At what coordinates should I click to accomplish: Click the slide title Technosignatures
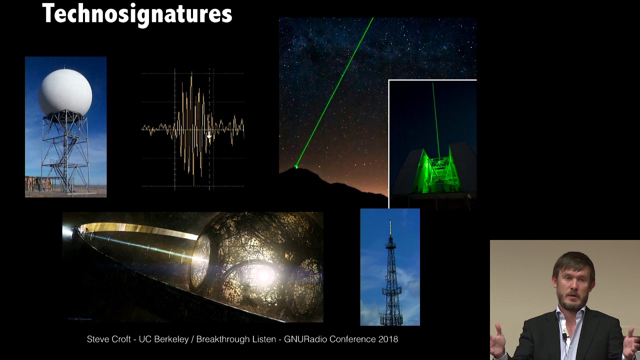click(137, 13)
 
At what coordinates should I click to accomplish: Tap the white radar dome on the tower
click(65, 92)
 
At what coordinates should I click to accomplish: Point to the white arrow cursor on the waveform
click(209, 135)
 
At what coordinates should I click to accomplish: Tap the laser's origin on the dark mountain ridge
click(296, 166)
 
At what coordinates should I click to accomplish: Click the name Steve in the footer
click(97, 339)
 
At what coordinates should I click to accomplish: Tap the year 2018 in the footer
click(387, 339)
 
